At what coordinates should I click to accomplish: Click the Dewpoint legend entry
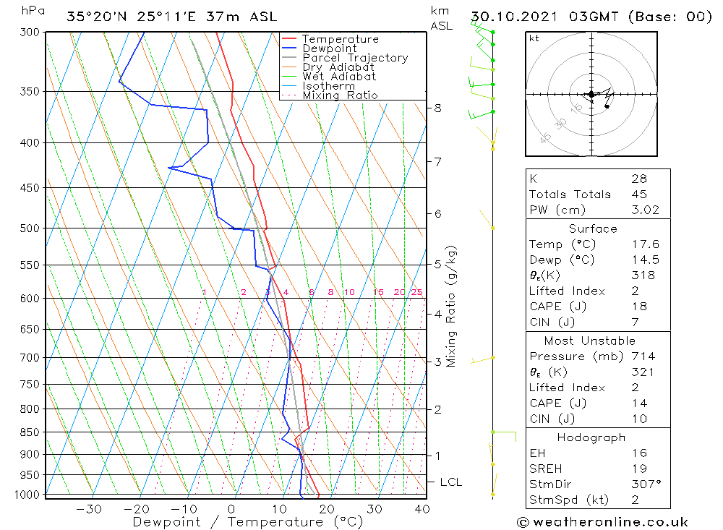tap(329, 48)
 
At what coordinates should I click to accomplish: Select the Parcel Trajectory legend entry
tap(355, 58)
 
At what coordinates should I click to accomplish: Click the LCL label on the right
tap(450, 482)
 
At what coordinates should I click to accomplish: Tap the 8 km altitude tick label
tap(437, 108)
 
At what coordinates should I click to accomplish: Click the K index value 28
tap(639, 179)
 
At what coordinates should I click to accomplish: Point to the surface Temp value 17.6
tap(645, 244)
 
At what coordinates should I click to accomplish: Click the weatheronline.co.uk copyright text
tap(603, 522)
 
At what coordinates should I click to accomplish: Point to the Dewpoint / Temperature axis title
tap(247, 522)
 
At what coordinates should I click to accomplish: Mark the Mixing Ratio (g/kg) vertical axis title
tap(452, 306)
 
